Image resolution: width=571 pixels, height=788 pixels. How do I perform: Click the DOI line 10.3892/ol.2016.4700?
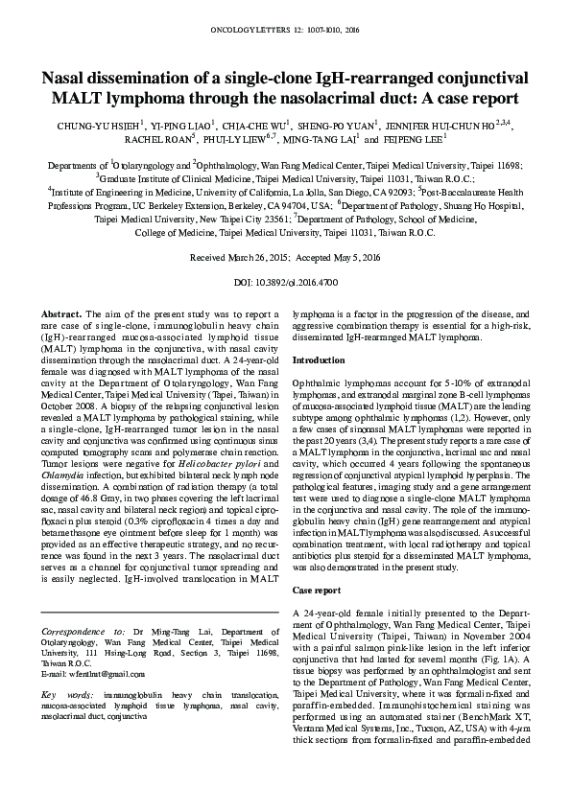[285, 284]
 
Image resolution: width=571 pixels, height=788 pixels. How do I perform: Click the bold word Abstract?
[62, 314]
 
